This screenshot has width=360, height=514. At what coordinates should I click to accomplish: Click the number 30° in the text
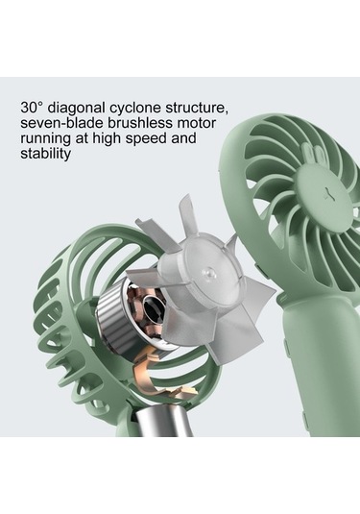click(x=32, y=108)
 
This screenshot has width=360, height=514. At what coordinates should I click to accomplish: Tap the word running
click(x=45, y=139)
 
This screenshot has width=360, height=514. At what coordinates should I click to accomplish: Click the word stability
click(x=45, y=154)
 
